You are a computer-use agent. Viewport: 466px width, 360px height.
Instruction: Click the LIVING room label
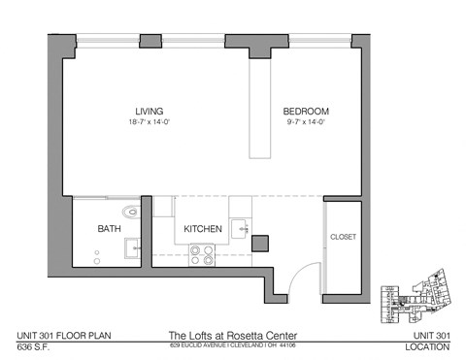(148, 111)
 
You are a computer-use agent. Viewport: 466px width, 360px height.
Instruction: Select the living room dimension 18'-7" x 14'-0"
(148, 122)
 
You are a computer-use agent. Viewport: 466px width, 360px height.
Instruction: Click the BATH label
(109, 230)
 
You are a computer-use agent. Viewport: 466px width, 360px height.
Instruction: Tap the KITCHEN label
(205, 230)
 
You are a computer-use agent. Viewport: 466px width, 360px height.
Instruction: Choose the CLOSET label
(343, 237)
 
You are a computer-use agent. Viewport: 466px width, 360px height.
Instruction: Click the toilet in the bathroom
(130, 211)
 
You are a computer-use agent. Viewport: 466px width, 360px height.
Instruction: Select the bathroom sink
(132, 248)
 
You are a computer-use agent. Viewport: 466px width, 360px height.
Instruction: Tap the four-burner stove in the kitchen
(202, 255)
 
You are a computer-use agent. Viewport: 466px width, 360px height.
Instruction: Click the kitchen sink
(241, 230)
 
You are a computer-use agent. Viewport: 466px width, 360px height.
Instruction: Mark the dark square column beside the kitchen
(259, 244)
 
